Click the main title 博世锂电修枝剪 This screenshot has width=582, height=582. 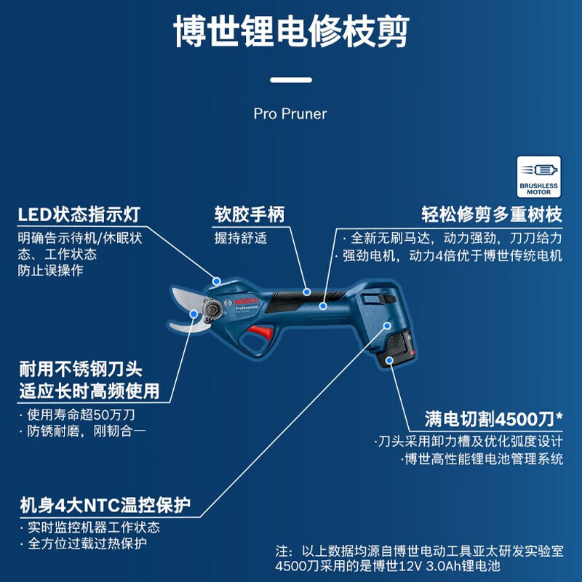point(290,33)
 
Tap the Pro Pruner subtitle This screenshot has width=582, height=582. point(290,114)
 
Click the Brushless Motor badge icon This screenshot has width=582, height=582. point(538,177)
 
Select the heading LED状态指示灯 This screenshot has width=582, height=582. point(79,215)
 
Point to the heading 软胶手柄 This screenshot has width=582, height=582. point(249,215)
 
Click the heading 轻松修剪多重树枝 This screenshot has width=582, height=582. point(493,215)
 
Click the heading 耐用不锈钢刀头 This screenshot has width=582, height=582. point(89,370)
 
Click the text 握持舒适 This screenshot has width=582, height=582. point(240,238)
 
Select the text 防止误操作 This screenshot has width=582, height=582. point(50,271)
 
